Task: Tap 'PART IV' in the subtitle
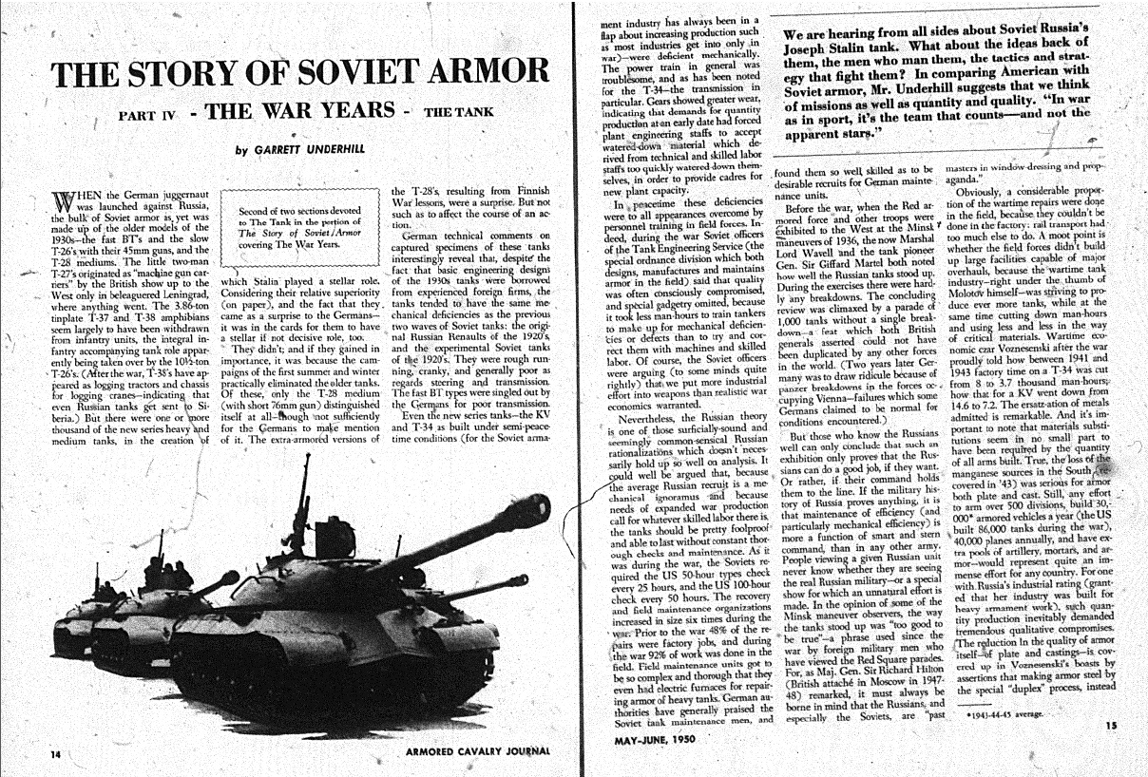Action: click(x=147, y=116)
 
